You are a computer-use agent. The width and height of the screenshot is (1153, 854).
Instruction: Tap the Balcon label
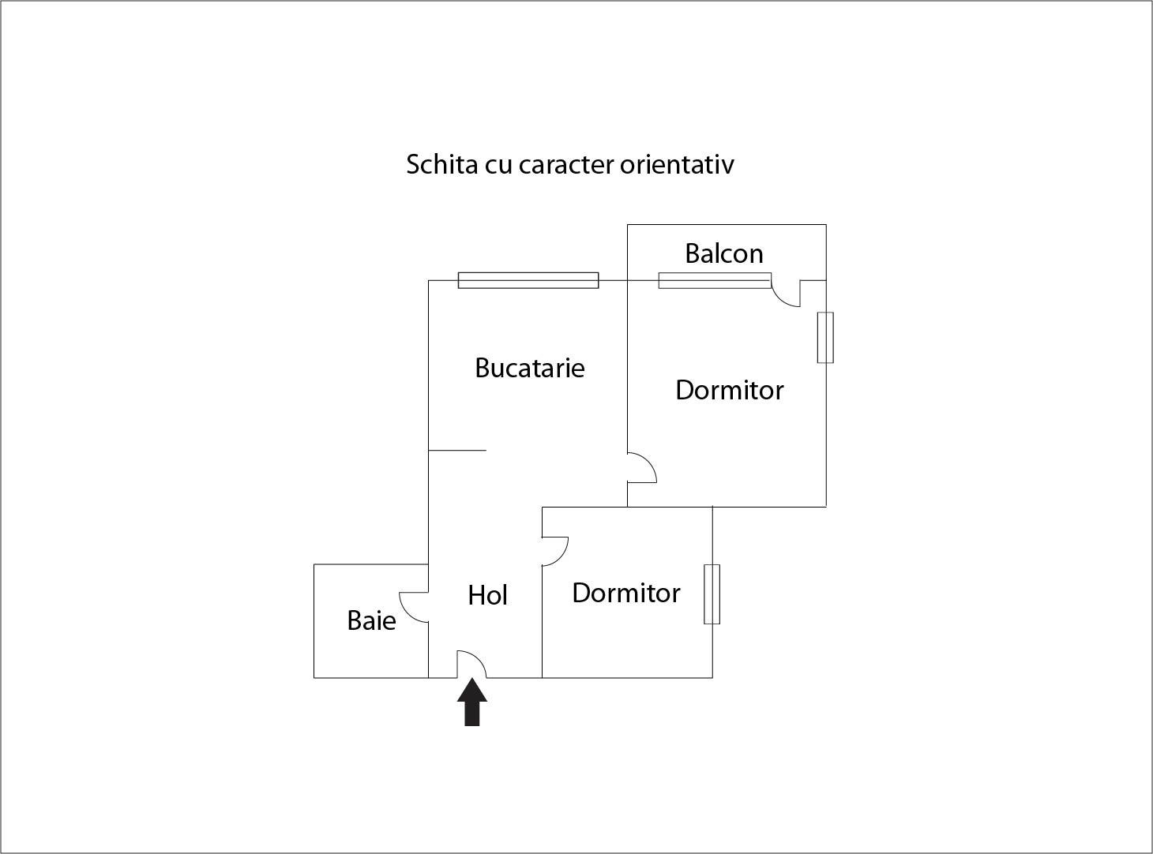tap(724, 253)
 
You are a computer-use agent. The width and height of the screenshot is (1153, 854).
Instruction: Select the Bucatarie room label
tap(530, 368)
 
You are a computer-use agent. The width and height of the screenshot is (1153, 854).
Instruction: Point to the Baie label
tap(371, 620)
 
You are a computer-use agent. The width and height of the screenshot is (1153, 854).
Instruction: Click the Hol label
tap(487, 595)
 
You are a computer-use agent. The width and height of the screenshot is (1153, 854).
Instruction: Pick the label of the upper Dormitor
tap(730, 390)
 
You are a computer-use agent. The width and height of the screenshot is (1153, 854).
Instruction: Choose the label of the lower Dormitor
tap(626, 593)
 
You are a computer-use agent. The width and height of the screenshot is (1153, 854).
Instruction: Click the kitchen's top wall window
tap(528, 280)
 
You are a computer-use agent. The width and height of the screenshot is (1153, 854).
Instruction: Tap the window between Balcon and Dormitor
tap(715, 280)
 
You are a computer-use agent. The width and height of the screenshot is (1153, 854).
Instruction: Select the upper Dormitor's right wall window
tap(825, 338)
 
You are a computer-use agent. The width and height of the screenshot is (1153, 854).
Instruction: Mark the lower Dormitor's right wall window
tap(712, 594)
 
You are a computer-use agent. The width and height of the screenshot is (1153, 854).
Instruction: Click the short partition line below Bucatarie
tap(457, 451)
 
